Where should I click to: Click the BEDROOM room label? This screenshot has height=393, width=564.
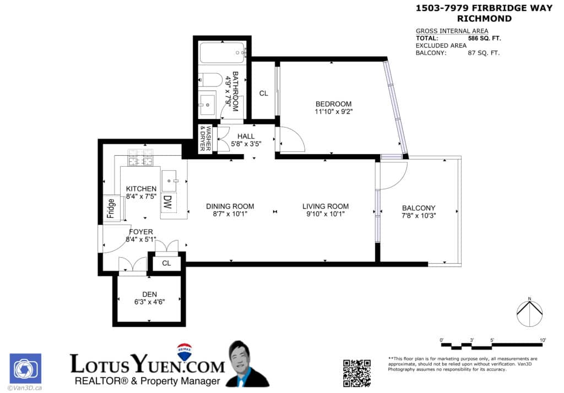[x=333, y=104]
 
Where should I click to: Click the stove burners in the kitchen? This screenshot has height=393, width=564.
[x=139, y=159]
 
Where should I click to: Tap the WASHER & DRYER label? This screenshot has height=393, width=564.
[x=205, y=140]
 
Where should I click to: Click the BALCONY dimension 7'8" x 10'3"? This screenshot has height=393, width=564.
[x=419, y=216]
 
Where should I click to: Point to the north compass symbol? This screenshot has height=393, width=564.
[x=529, y=312]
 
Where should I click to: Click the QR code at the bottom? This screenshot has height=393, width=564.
[x=357, y=373]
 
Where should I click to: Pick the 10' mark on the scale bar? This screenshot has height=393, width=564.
[x=543, y=341]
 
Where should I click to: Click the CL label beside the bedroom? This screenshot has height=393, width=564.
[x=263, y=94]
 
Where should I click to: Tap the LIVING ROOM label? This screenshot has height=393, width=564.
[x=326, y=206]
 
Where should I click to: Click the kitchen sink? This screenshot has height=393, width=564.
[x=169, y=181]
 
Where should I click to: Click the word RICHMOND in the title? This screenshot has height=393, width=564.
[x=488, y=19]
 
